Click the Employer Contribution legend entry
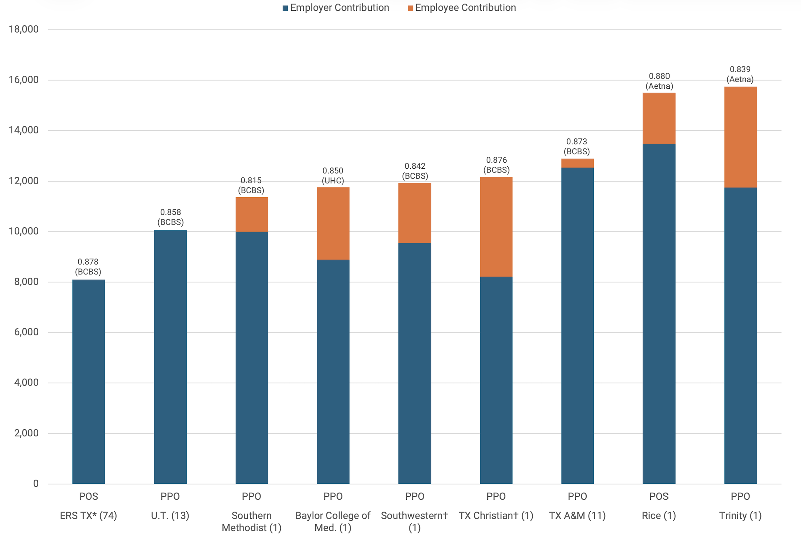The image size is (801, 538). point(336,8)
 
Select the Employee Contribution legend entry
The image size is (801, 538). point(461,8)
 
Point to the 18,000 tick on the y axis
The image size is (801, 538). point(24,29)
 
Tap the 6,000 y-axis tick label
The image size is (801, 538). point(26,332)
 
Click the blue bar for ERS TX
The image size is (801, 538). point(88,381)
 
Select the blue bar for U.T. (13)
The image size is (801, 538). point(170,357)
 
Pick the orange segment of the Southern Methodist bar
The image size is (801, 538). point(252,215)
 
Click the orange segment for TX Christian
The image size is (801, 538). point(496,227)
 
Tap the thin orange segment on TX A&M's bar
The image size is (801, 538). point(577,163)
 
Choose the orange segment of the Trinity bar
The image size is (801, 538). point(741,137)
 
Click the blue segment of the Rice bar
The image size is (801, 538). point(659,314)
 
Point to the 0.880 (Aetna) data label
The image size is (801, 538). point(659,81)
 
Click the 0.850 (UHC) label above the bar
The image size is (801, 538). point(333,175)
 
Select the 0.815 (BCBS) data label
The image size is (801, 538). point(251,185)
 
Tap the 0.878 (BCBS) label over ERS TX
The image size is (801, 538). point(88,267)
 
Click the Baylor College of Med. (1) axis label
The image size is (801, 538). point(333,521)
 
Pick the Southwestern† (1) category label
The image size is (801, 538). point(415,521)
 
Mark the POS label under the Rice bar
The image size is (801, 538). point(659,496)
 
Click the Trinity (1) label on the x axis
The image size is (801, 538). point(740,515)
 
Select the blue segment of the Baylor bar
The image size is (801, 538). point(333,371)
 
